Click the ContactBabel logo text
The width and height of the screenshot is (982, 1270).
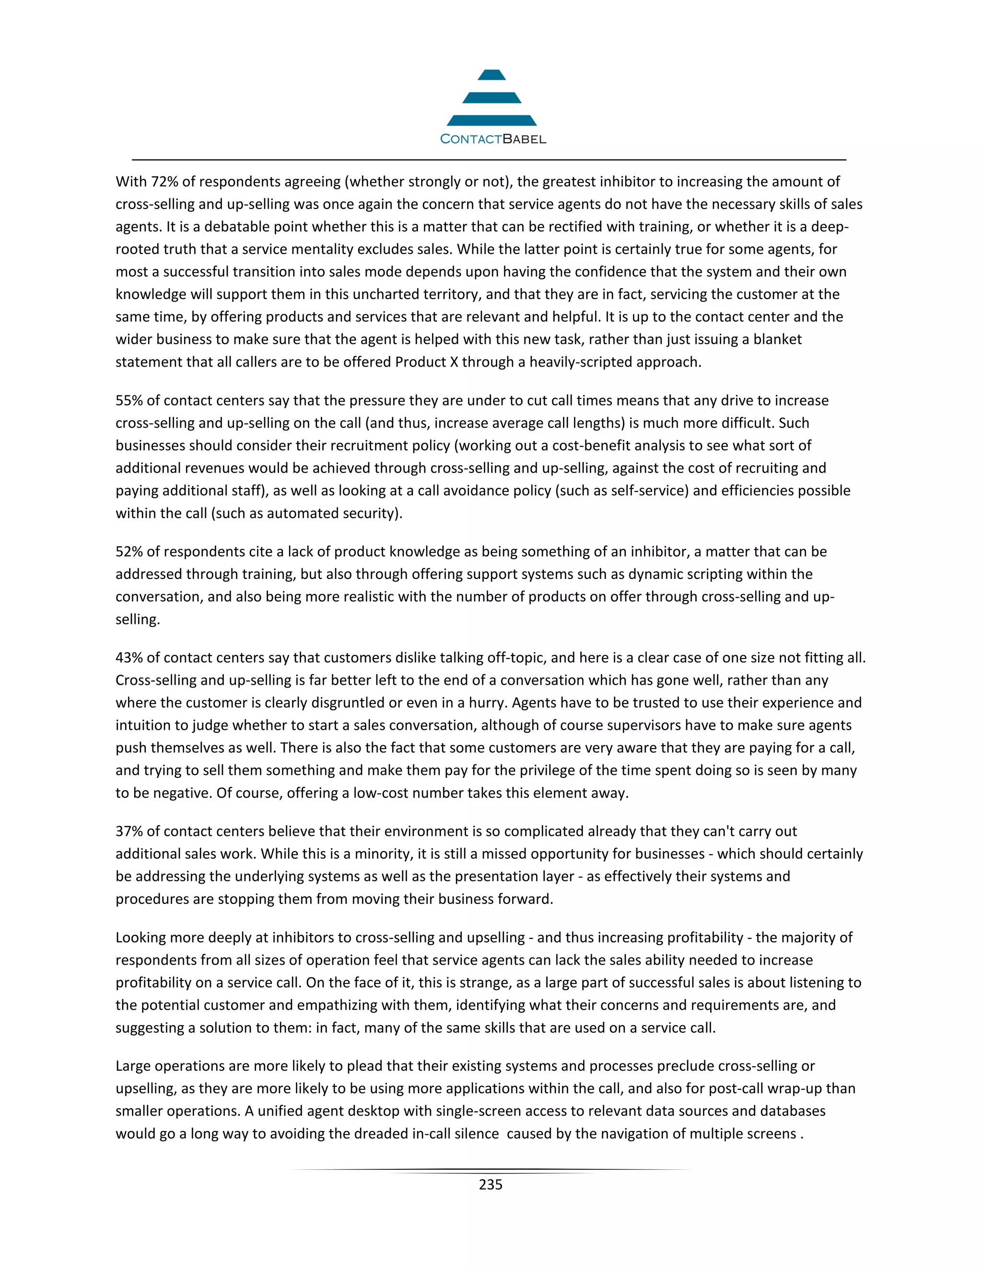coord(493,139)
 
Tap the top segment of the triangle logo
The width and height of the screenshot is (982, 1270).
coord(491,75)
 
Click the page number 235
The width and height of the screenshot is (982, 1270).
coord(491,1185)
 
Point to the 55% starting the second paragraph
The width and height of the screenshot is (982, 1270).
coord(129,400)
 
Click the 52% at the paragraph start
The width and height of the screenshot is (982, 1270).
coord(129,551)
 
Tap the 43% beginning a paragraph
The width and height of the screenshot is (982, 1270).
coord(129,657)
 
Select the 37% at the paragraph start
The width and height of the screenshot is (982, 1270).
coord(129,831)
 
